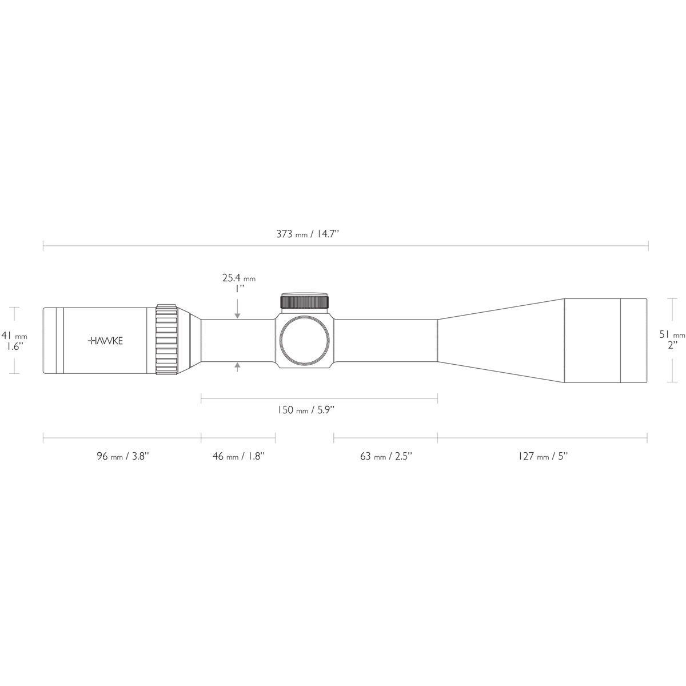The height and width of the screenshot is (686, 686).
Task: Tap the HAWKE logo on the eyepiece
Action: click(105, 341)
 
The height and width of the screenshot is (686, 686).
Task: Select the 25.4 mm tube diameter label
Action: click(238, 278)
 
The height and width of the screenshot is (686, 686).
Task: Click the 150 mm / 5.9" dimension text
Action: click(306, 410)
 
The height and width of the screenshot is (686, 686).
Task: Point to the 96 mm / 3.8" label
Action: click(123, 456)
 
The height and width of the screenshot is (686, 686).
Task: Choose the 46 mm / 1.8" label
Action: click(238, 456)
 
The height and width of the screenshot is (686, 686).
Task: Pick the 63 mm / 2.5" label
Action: click(386, 456)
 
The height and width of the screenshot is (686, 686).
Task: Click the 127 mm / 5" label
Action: click(543, 456)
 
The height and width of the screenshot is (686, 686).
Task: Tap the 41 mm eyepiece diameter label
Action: click(14, 336)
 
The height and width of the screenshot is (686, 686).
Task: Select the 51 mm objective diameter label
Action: click(671, 335)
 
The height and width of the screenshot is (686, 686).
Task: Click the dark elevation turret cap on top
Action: click(305, 301)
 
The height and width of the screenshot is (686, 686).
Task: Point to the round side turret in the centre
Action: click(305, 341)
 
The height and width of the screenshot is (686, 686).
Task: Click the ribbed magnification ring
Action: click(167, 341)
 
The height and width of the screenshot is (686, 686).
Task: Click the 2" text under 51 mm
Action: click(672, 345)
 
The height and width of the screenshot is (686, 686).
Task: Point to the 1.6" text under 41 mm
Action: click(14, 346)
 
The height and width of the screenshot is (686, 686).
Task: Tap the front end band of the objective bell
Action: click(634, 341)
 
